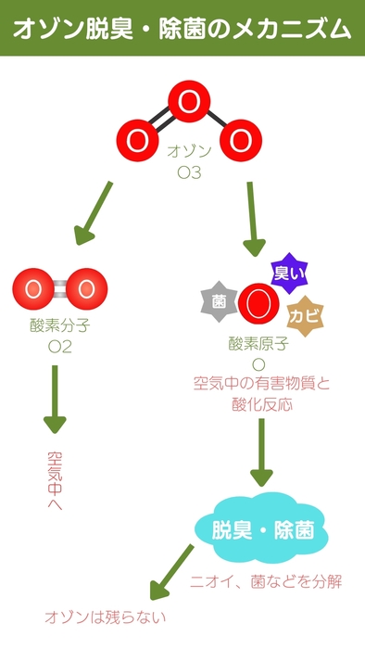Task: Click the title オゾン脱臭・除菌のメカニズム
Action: tap(182, 29)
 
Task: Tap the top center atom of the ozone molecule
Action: tap(188, 103)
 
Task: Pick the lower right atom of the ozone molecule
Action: tap(239, 141)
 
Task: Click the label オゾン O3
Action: tap(189, 161)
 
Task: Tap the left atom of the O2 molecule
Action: tap(34, 288)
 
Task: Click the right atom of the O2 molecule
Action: tap(86, 288)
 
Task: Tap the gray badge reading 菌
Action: tap(219, 301)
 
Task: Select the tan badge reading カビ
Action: tap(305, 315)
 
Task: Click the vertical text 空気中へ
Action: tap(55, 480)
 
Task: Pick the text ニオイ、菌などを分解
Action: tap(267, 581)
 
